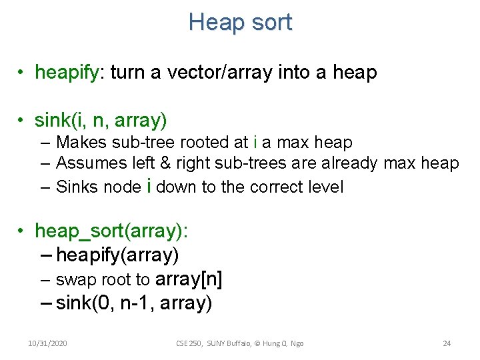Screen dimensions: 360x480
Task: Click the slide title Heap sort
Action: click(240, 22)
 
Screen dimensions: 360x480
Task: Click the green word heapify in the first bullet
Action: click(66, 72)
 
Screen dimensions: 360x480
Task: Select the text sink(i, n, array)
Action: click(101, 121)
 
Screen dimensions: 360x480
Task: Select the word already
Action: click(353, 163)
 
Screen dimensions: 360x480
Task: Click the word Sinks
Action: click(77, 187)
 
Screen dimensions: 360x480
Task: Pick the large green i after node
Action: click(148, 186)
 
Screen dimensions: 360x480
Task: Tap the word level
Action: click(325, 187)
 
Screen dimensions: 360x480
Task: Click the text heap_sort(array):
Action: click(111, 231)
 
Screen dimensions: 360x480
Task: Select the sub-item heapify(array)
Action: click(118, 255)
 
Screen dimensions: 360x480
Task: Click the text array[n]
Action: click(188, 279)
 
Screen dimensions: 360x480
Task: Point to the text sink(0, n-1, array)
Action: click(134, 303)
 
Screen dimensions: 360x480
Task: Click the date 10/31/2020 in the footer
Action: click(47, 343)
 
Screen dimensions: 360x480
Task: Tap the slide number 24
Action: click(447, 343)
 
